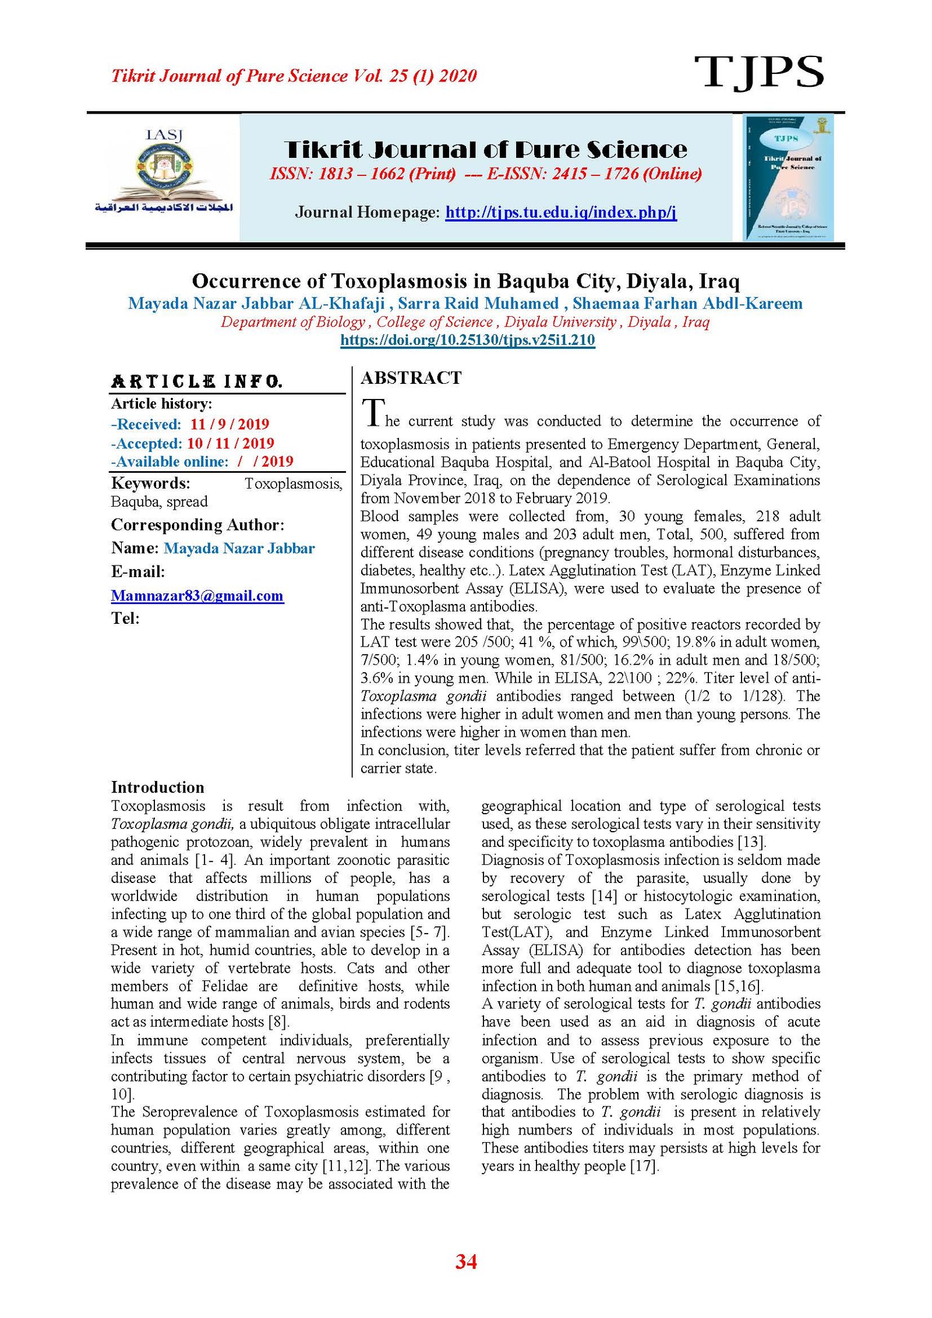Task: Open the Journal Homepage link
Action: pyautogui.click(x=560, y=212)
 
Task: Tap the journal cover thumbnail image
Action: pyautogui.click(x=788, y=177)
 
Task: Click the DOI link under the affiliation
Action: pyautogui.click(x=467, y=340)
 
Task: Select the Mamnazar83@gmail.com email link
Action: pyautogui.click(x=197, y=595)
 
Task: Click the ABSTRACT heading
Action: pyautogui.click(x=411, y=378)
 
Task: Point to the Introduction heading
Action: pyautogui.click(x=157, y=787)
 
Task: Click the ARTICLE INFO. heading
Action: pyautogui.click(x=196, y=381)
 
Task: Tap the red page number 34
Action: pyautogui.click(x=466, y=1262)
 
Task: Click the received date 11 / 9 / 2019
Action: pyautogui.click(x=230, y=424)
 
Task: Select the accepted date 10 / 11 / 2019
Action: pyautogui.click(x=230, y=443)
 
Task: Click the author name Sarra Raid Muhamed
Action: pyautogui.click(x=478, y=303)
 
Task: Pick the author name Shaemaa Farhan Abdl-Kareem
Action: pyautogui.click(x=687, y=303)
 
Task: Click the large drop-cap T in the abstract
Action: pyautogui.click(x=373, y=413)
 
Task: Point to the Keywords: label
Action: pyautogui.click(x=150, y=483)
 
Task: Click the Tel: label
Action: pyautogui.click(x=125, y=618)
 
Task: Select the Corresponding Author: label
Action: pyautogui.click(x=197, y=525)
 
